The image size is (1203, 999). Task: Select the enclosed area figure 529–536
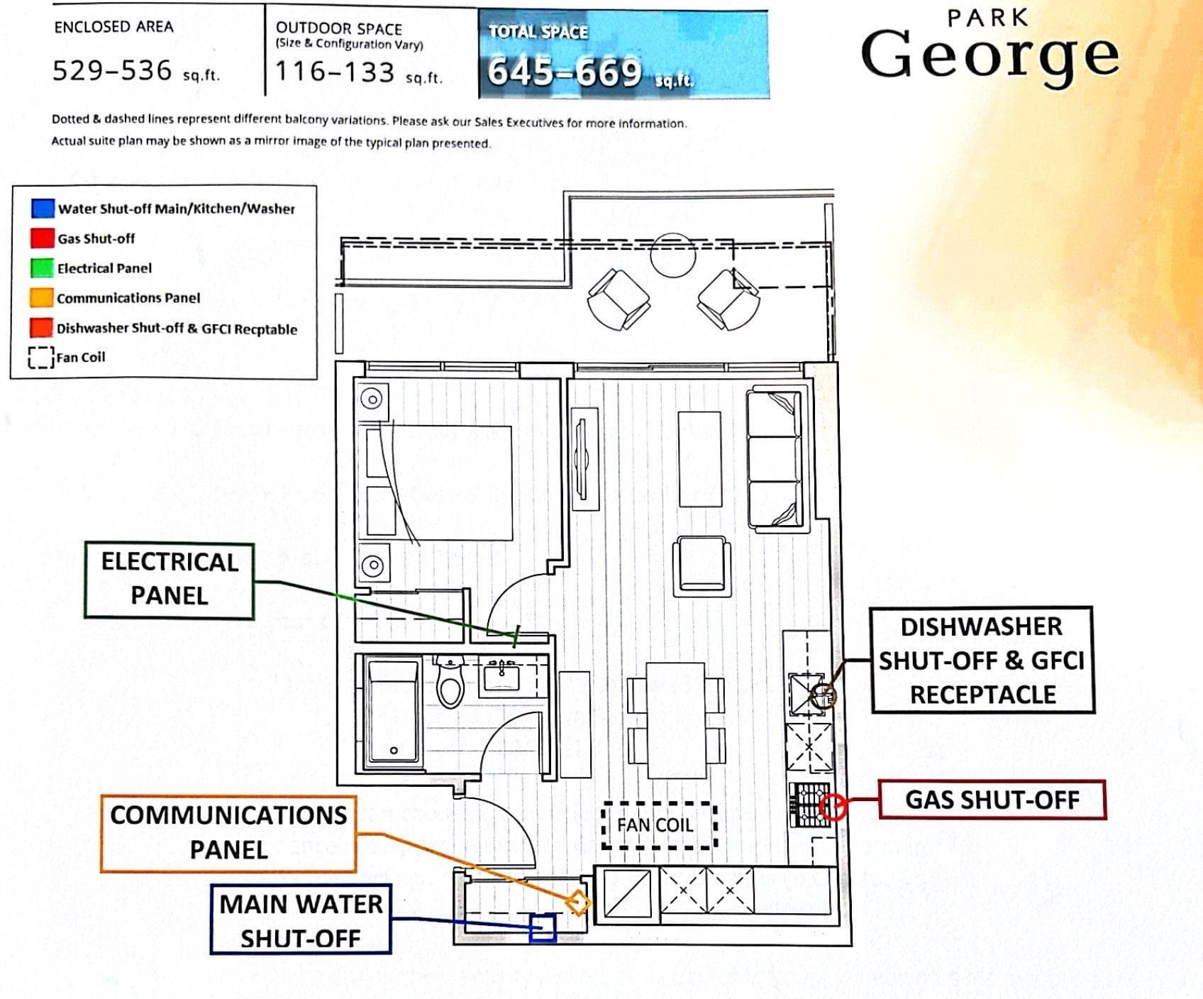click(112, 70)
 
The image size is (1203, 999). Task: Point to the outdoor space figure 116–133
click(334, 72)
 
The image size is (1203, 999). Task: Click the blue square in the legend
click(43, 208)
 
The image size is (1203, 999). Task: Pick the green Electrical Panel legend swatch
click(43, 267)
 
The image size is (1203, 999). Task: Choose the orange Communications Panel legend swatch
click(42, 297)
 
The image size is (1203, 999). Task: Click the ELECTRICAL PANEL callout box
click(170, 580)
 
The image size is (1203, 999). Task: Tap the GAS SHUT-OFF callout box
click(992, 800)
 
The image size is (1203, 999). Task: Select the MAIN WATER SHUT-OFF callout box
click(301, 920)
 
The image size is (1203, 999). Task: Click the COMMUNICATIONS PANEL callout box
click(228, 833)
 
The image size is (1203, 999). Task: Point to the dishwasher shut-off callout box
click(982, 660)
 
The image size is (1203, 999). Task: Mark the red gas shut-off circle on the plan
click(833, 807)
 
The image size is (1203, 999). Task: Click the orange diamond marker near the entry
click(578, 903)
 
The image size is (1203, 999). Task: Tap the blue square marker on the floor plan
click(543, 928)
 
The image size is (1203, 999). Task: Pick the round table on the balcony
click(672, 254)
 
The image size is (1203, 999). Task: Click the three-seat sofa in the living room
click(778, 459)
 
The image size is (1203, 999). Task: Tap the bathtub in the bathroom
click(394, 711)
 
